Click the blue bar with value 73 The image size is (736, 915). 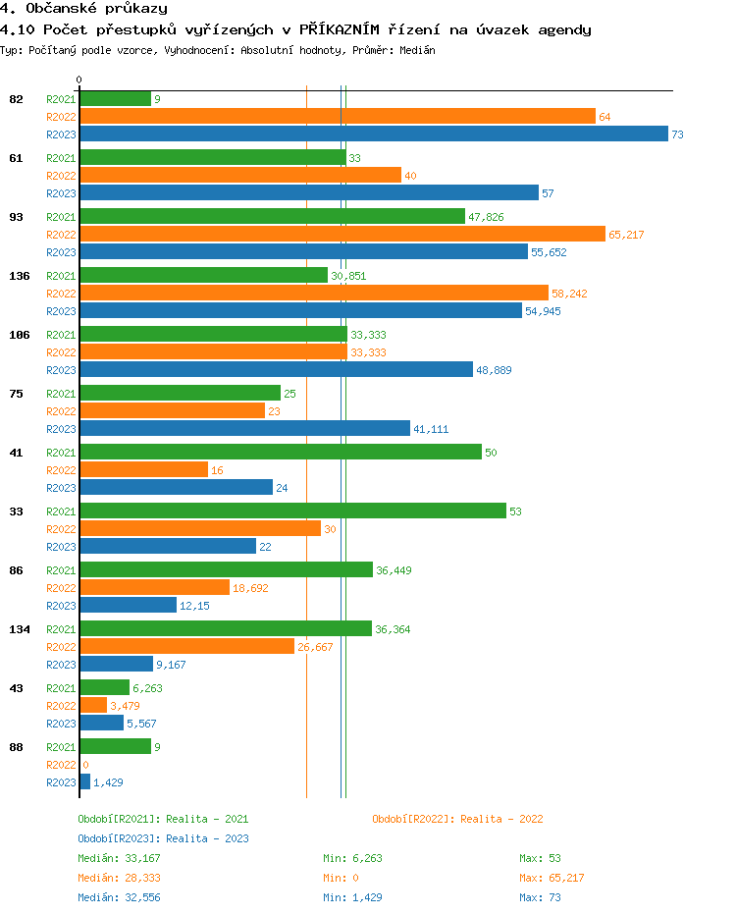pos(373,135)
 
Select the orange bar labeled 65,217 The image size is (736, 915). pos(342,234)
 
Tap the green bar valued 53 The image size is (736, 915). pos(292,511)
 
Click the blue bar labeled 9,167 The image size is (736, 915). pos(116,664)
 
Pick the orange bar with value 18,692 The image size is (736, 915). pos(154,587)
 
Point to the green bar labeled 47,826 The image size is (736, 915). pos(272,216)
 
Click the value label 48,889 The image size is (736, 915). pos(494,370)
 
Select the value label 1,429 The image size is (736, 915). pos(108,782)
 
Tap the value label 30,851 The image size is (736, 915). pos(348,276)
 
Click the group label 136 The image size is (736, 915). pos(19,276)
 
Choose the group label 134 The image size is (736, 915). pos(19,629)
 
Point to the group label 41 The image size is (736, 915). pos(16,453)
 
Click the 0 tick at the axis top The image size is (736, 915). pos(79,80)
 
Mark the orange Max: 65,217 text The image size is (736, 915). pos(552,878)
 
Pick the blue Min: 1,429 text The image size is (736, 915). pos(352,897)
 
